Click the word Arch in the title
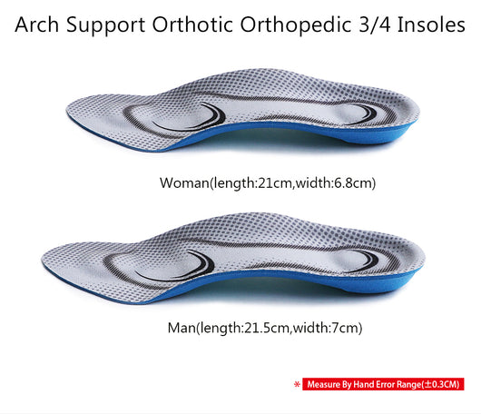click(x=37, y=25)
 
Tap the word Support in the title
click(x=106, y=25)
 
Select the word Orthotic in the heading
click(x=192, y=25)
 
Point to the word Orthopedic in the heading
click(x=296, y=25)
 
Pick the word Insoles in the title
click(x=432, y=25)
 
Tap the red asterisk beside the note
click(x=297, y=384)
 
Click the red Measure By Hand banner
click(x=383, y=384)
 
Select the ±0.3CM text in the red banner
click(x=442, y=384)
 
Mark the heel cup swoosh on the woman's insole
click(x=364, y=114)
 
